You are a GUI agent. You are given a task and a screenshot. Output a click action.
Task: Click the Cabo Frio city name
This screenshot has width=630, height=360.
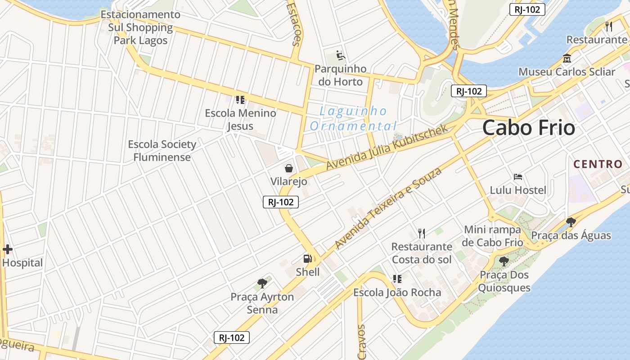click(529, 128)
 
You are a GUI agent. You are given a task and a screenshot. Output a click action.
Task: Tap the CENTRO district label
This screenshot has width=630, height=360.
click(598, 164)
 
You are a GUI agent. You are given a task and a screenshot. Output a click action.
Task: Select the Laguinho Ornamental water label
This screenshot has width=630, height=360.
click(353, 118)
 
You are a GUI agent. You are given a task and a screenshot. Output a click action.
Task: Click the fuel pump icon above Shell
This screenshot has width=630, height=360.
click(308, 259)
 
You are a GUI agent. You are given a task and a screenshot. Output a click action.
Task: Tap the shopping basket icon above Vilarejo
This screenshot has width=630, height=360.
click(289, 168)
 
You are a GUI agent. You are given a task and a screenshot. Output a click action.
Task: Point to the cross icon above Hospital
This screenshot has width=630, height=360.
click(8, 249)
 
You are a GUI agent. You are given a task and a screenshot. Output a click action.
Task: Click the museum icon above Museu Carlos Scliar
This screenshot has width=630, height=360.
click(567, 58)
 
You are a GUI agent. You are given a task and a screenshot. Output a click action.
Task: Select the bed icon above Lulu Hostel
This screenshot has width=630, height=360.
click(518, 177)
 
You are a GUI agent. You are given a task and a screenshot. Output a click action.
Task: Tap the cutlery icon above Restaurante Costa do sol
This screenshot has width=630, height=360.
click(422, 233)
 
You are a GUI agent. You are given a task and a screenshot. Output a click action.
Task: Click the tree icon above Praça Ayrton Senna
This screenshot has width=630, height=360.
click(262, 283)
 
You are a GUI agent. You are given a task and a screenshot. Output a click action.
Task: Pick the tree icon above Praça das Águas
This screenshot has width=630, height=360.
click(571, 222)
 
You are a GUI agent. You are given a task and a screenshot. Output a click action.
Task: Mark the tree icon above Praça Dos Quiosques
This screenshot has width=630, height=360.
click(504, 261)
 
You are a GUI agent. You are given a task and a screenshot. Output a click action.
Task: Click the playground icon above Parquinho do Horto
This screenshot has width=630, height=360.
click(341, 56)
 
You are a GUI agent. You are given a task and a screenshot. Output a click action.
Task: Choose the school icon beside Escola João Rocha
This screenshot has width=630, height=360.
click(397, 279)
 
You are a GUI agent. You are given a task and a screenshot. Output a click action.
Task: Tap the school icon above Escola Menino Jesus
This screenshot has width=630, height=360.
click(240, 99)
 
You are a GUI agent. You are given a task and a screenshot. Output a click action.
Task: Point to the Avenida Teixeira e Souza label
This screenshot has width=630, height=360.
click(388, 208)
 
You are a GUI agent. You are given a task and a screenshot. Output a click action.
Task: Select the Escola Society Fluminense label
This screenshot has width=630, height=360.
click(162, 151)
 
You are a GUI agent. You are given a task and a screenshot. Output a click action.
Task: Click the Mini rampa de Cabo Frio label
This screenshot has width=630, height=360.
click(493, 236)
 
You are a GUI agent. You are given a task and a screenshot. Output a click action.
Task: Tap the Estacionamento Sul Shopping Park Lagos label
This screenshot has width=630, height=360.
click(140, 27)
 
